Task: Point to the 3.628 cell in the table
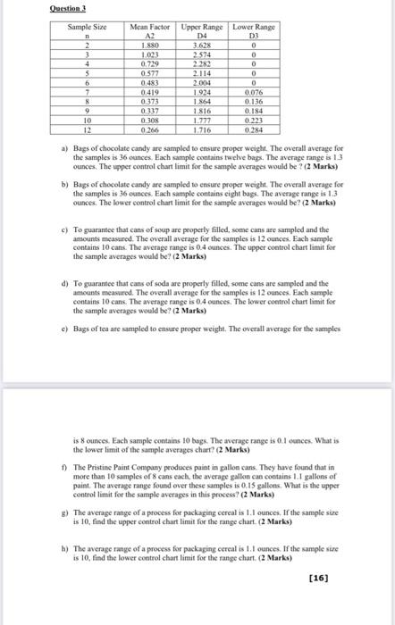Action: tap(201, 45)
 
